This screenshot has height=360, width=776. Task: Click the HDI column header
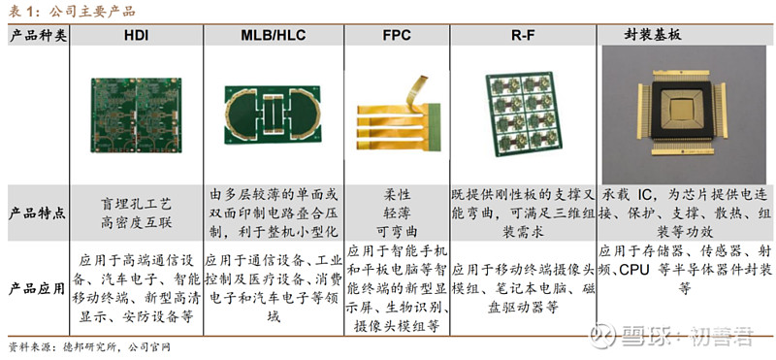coord(136,35)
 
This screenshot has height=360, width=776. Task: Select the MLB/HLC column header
coord(273,35)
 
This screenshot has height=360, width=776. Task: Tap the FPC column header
coord(396,35)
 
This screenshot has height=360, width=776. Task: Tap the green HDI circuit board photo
coord(135,115)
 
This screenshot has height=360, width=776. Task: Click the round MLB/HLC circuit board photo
coord(273,115)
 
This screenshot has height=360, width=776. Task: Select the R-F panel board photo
coord(522,115)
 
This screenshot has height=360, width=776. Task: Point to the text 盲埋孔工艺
coord(136,204)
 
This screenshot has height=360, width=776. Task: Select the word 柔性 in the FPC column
coord(396,194)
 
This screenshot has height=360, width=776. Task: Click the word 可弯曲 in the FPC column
coord(396,229)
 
